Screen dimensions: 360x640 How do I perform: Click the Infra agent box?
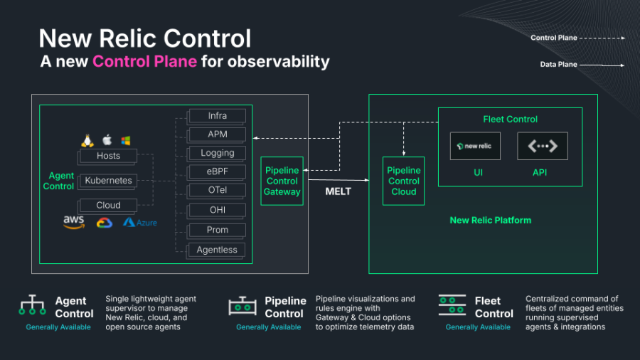pos(218,115)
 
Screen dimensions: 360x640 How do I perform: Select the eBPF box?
pos(218,172)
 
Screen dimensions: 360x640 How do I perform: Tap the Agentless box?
pos(218,249)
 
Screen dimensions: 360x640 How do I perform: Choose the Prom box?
pos(218,230)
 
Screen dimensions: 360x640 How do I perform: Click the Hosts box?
pos(108,156)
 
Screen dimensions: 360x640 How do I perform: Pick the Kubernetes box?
pos(108,181)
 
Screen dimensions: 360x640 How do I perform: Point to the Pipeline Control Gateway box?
pos(282,181)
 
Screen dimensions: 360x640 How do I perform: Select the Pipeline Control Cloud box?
pos(403,181)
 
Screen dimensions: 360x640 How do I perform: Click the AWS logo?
pos(74,222)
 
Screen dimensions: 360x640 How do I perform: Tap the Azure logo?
pos(139,222)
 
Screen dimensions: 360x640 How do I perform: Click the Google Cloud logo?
pos(105,222)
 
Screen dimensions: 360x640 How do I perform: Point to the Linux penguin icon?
pos(87,140)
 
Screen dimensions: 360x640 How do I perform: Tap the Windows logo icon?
pos(126,140)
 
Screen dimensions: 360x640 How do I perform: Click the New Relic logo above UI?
pos(476,146)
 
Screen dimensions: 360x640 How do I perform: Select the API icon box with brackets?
pos(542,146)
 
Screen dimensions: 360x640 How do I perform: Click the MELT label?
pos(338,191)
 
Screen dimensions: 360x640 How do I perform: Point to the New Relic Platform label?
pos(490,220)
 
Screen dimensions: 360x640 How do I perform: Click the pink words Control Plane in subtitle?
pos(144,61)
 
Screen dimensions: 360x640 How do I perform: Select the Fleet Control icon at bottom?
pos(452,306)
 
